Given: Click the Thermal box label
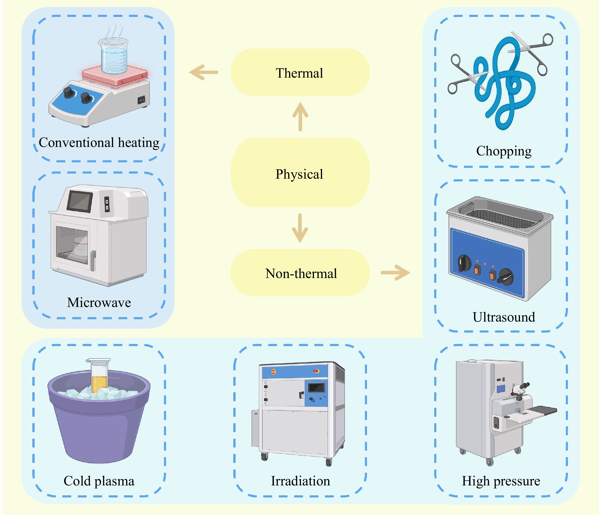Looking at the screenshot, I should [x=300, y=73].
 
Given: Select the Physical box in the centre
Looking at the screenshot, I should [x=300, y=174].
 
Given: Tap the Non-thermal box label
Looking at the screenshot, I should [x=301, y=273].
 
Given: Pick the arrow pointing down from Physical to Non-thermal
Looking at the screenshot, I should [x=300, y=228].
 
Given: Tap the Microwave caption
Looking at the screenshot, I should [x=99, y=302].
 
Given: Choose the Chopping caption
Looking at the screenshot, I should [x=503, y=151].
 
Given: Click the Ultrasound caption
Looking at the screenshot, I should [x=503, y=317].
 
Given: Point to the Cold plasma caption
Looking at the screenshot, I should [x=99, y=481].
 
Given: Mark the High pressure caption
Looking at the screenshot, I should [x=501, y=481].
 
